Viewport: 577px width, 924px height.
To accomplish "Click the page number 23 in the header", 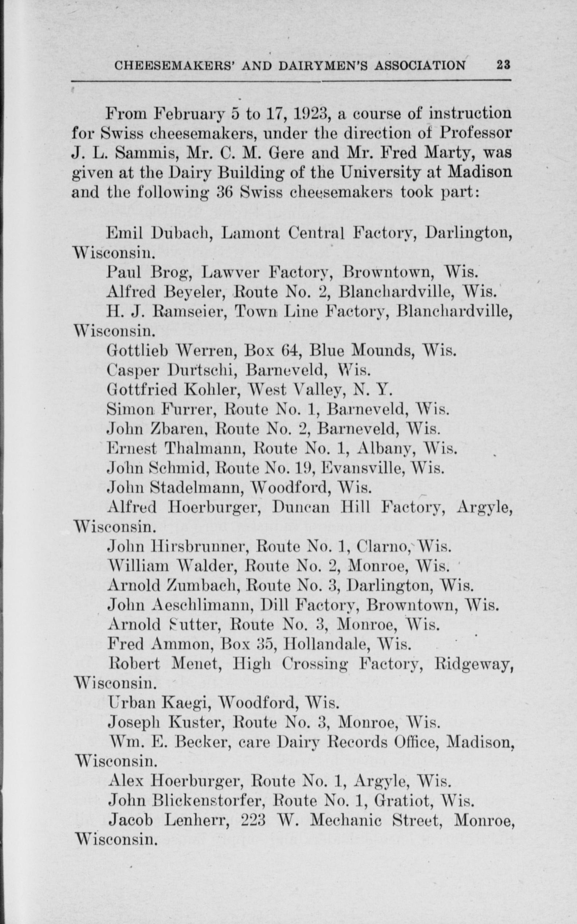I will coord(503,65).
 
